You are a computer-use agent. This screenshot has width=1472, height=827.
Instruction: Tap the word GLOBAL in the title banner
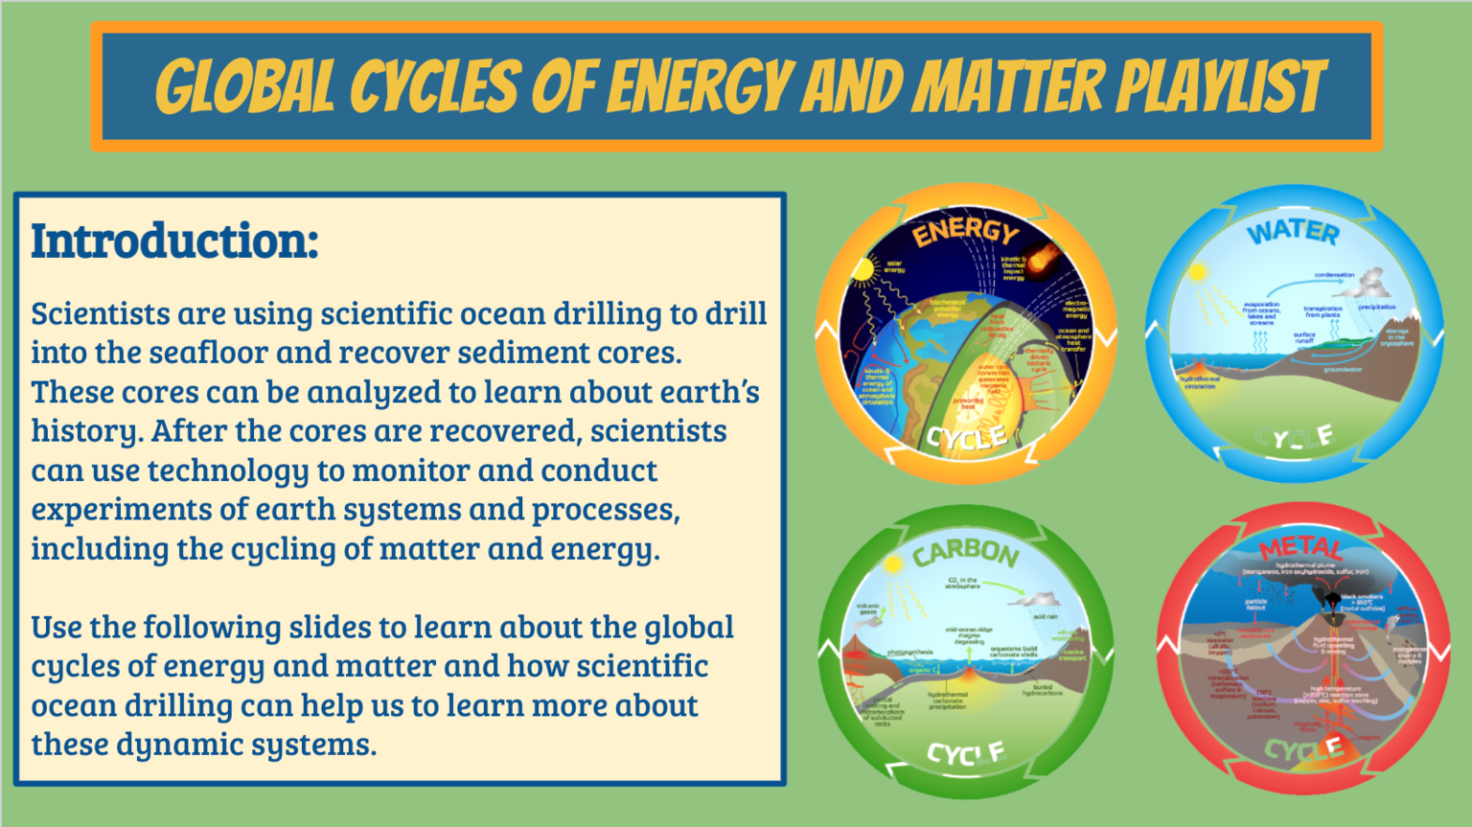pyautogui.click(x=245, y=87)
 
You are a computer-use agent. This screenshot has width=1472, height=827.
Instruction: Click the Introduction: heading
pyautogui.click(x=174, y=241)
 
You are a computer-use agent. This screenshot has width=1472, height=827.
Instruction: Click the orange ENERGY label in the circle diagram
pyautogui.click(x=965, y=230)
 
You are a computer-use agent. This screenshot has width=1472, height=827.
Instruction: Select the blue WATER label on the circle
pyautogui.click(x=1293, y=231)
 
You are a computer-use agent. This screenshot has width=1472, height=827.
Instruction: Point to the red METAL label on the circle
pyautogui.click(x=1300, y=548)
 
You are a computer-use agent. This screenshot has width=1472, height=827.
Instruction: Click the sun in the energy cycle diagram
pyautogui.click(x=864, y=270)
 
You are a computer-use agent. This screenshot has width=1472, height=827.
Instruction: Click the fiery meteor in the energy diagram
pyautogui.click(x=1044, y=256)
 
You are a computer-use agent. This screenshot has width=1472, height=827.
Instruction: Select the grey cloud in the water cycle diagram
pyautogui.click(x=1372, y=282)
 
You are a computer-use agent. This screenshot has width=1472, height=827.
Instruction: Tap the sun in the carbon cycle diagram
pyautogui.click(x=893, y=565)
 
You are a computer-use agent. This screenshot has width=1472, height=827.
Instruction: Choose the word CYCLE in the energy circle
pyautogui.click(x=966, y=438)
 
